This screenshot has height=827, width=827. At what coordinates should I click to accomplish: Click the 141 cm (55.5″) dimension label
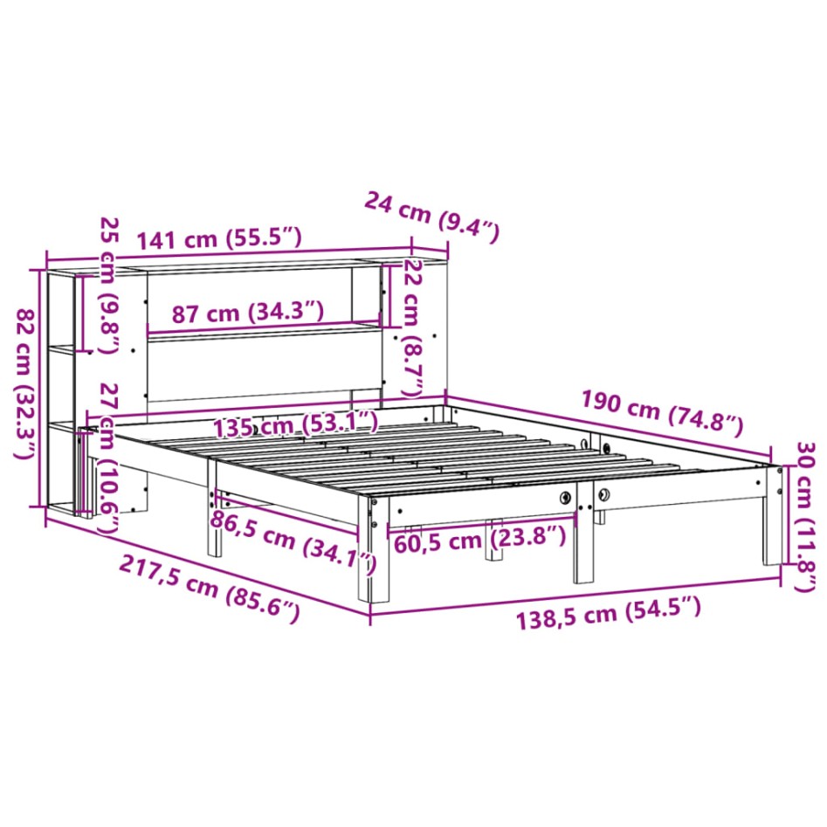coord(219,238)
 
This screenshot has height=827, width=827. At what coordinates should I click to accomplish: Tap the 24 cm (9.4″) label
coord(431,217)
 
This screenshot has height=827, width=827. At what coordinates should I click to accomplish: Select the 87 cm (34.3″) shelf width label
coord(248,313)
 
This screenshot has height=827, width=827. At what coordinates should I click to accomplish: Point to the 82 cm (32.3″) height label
coord(24,383)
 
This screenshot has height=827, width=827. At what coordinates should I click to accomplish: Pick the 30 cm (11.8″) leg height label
coord(805,517)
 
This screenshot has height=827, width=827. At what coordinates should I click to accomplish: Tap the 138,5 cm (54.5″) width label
coord(608,613)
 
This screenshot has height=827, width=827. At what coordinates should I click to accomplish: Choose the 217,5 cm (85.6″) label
coord(210,589)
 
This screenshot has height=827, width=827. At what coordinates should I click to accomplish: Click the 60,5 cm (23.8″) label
coord(480,540)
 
